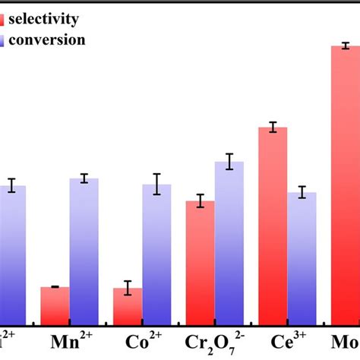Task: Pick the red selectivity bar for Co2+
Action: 128,307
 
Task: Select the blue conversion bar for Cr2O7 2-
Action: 229,244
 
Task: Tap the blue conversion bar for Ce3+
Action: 302,259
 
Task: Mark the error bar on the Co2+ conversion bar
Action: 156,184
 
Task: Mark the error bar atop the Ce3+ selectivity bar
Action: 273,127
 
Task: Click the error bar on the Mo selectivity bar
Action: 346,46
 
